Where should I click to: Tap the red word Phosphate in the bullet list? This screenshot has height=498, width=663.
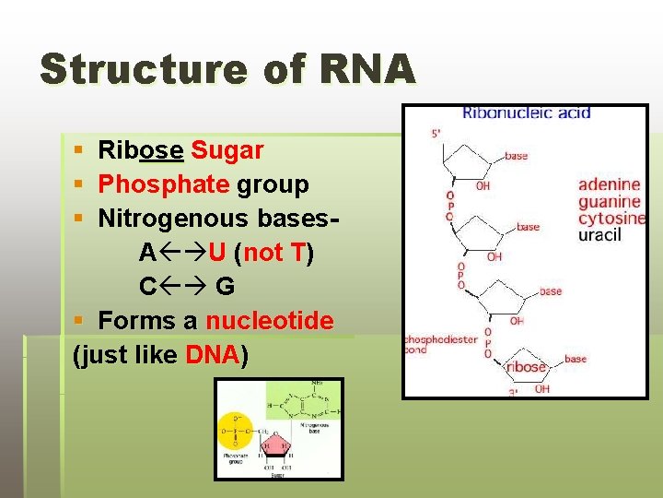tap(164, 184)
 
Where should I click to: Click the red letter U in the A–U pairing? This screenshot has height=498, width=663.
tap(217, 253)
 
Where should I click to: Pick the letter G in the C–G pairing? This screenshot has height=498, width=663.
tap(225, 287)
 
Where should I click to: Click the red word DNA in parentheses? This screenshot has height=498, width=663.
tap(213, 355)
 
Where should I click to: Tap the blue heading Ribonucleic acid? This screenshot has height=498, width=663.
tap(526, 113)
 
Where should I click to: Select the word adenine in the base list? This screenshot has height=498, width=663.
tap(609, 184)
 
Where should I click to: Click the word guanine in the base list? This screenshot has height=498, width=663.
tap(609, 201)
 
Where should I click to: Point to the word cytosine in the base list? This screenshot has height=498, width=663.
tap(611, 219)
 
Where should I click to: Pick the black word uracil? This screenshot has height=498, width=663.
tap(600, 235)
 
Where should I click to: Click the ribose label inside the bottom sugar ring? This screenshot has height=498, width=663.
tap(526, 367)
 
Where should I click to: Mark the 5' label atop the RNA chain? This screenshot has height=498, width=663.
tap(436, 134)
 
